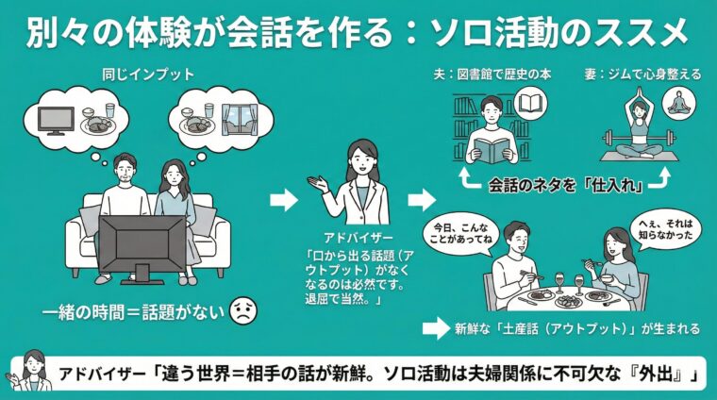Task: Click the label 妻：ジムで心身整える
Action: click(642, 73)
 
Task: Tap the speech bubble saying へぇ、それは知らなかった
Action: click(669, 229)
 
